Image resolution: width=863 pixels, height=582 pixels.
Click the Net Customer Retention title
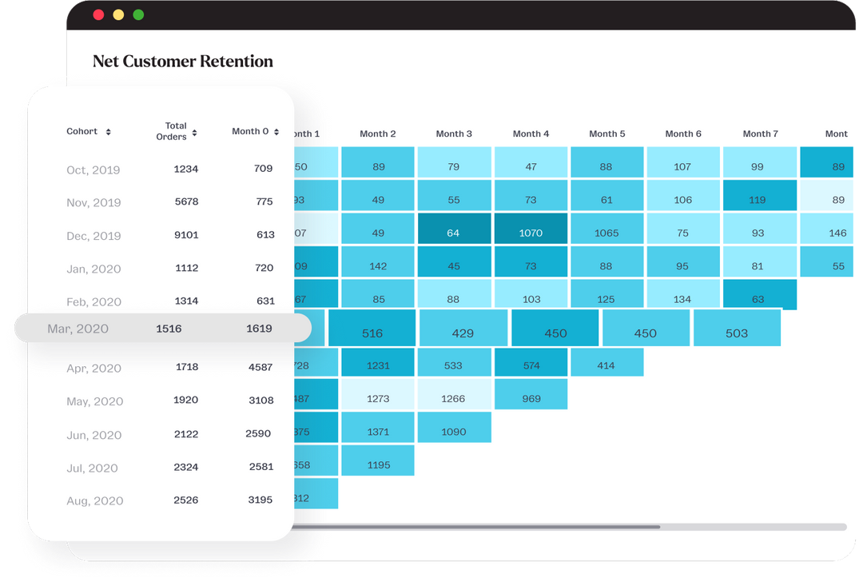[183, 62]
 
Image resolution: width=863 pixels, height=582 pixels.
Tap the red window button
[98, 14]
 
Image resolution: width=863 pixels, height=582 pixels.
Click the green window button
[138, 14]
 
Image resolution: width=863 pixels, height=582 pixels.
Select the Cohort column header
[82, 131]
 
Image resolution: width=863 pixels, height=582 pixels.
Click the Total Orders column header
[176, 131]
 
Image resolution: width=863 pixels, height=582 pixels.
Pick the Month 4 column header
[531, 134]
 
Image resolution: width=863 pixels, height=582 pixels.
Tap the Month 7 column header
[760, 134]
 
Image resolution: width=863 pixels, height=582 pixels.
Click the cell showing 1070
[531, 233]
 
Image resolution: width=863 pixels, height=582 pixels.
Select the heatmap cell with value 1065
[607, 233]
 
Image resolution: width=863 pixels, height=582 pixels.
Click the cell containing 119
[760, 200]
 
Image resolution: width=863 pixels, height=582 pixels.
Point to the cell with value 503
[737, 333]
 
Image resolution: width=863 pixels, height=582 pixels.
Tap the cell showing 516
[372, 333]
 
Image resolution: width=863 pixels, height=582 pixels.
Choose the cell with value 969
[531, 399]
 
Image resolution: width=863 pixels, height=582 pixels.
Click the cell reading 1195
[378, 465]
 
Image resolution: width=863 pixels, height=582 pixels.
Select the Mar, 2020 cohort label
[78, 329]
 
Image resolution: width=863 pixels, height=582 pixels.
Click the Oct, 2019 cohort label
[93, 169]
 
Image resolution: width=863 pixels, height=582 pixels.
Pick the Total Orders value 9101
[186, 235]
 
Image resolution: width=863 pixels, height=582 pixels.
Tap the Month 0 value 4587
[260, 368]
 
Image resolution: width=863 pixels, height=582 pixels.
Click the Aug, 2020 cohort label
[94, 501]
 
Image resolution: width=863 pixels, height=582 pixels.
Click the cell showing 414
[606, 365]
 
